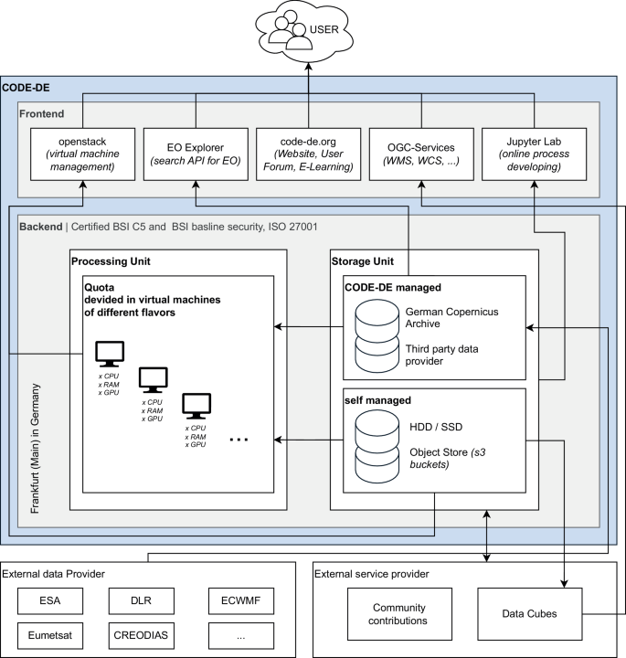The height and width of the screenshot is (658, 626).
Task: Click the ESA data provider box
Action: [x=57, y=600]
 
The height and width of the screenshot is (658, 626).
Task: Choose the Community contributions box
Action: [x=400, y=614]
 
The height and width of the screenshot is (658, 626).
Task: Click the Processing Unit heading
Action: [x=110, y=262]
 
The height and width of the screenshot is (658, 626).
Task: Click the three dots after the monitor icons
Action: [x=239, y=440]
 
